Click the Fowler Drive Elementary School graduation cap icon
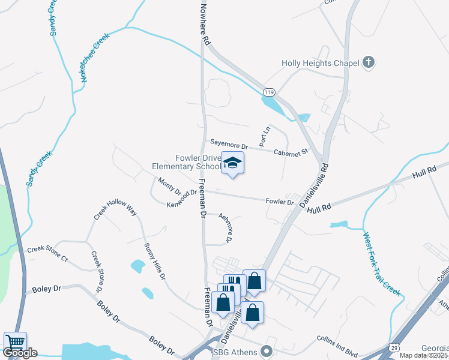point(233,163)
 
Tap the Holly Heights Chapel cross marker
point(369,62)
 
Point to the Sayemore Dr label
point(229,145)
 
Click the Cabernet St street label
point(292,152)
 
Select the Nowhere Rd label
point(205,23)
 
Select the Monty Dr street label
point(169,186)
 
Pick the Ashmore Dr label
point(225,228)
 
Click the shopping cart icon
point(15,342)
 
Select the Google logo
point(20,353)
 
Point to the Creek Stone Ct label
point(47,253)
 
